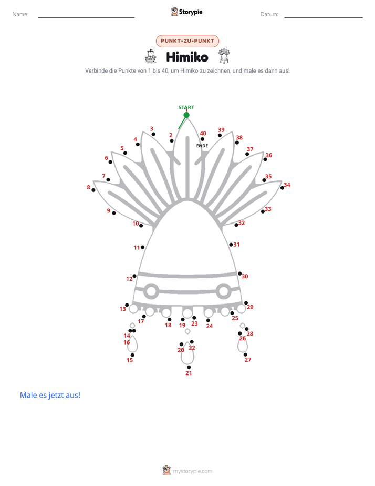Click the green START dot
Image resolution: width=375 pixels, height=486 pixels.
186,115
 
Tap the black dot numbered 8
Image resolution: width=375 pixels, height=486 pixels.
93,190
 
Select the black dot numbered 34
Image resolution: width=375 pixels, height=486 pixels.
282,188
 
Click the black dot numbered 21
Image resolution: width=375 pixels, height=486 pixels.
189,367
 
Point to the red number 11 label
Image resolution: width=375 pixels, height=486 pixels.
137,248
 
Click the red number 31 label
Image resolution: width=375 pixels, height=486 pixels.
237,245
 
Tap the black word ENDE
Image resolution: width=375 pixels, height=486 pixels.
202,146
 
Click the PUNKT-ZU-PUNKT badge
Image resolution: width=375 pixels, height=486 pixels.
187,41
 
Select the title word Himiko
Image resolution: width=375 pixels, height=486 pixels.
187,57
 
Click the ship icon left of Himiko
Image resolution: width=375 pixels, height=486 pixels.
150,56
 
